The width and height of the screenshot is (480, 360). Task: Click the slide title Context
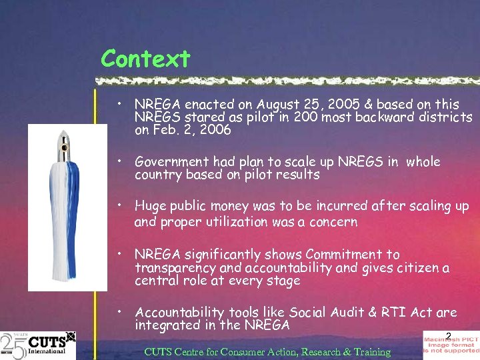click(145, 59)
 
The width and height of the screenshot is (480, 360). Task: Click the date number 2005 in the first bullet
click(337, 105)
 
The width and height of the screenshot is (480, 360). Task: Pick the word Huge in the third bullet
click(151, 207)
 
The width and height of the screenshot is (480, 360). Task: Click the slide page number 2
click(449, 335)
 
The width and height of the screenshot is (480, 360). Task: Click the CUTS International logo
click(38, 344)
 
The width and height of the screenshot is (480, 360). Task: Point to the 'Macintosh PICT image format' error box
click(451, 345)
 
